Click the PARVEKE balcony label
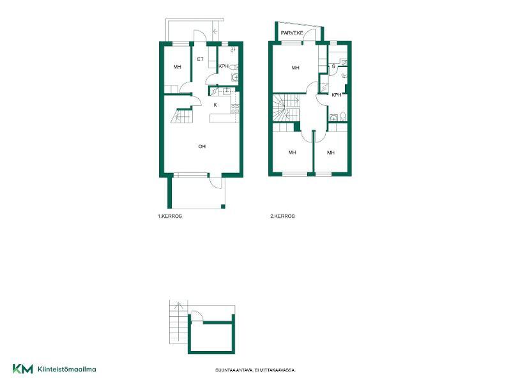[x=292, y=33]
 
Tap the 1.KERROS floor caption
[x=170, y=216]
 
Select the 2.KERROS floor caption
[x=282, y=216]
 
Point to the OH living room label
[x=202, y=147]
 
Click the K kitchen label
[x=215, y=105]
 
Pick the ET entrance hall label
[x=200, y=59]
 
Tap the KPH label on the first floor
[x=224, y=66]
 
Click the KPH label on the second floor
[x=337, y=95]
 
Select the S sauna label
[x=333, y=66]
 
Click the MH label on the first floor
[x=178, y=67]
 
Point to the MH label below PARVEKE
[x=296, y=68]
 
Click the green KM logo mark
[x=23, y=369]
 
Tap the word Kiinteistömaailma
[x=67, y=370]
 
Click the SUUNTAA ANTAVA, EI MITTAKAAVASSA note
[x=255, y=370]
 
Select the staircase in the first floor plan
[x=182, y=116]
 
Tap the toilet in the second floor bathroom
[x=343, y=116]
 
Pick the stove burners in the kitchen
[x=235, y=109]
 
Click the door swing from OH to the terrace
[x=215, y=183]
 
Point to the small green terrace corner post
[x=223, y=206]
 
